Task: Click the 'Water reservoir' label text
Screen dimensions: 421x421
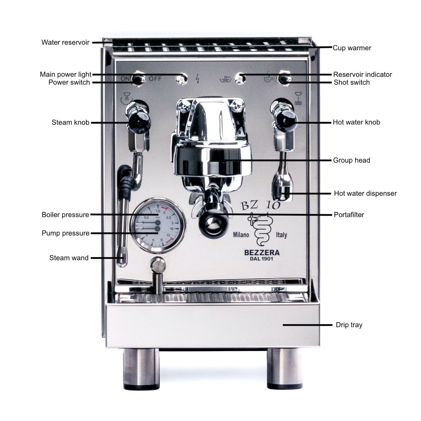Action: click(x=65, y=42)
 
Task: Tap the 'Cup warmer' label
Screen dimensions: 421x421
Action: click(x=352, y=48)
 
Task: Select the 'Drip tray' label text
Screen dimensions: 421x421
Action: click(x=349, y=325)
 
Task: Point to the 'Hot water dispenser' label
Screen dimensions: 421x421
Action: click(x=365, y=193)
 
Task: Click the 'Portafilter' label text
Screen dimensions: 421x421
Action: click(x=349, y=215)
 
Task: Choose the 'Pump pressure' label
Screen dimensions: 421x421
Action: click(x=65, y=233)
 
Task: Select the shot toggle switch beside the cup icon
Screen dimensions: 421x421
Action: click(x=284, y=79)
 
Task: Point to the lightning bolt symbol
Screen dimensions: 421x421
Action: click(x=197, y=79)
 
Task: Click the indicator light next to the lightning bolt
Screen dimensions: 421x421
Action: click(x=182, y=79)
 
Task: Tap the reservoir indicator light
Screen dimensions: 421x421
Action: click(x=240, y=79)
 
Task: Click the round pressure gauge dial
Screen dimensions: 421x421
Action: click(x=158, y=225)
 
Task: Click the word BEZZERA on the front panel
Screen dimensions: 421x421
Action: click(x=262, y=253)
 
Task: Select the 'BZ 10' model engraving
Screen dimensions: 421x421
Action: click(x=260, y=205)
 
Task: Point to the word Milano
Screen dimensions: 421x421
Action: click(x=241, y=235)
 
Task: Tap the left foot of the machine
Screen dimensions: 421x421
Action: click(x=141, y=369)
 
